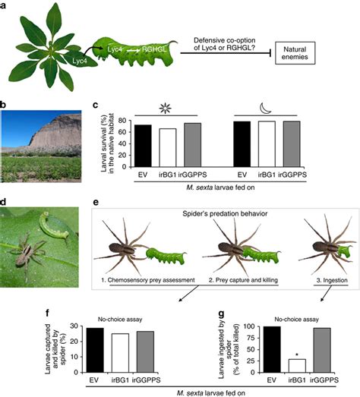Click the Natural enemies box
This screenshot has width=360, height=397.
click(295, 53)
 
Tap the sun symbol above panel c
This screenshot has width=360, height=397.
click(166, 109)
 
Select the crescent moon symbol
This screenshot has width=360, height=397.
click(266, 109)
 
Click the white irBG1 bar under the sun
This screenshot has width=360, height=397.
click(168, 147)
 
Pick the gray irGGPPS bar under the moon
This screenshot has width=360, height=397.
click(292, 144)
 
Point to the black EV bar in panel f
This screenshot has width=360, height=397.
click(95, 350)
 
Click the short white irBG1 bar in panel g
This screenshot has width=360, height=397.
click(297, 366)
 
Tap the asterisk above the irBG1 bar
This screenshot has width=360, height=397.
click(297, 355)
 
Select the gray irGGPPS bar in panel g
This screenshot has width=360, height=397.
click(322, 350)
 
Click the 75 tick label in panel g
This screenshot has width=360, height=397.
click(249, 338)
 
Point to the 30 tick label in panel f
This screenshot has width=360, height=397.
click(75, 326)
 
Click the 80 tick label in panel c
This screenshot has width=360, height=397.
click(123, 121)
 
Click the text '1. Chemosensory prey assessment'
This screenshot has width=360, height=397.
click(148, 280)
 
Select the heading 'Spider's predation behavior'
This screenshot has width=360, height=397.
click(225, 214)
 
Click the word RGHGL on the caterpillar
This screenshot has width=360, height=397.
click(154, 49)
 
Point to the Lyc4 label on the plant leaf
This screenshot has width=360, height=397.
click(80, 61)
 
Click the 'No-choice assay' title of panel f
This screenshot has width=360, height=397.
click(120, 320)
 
